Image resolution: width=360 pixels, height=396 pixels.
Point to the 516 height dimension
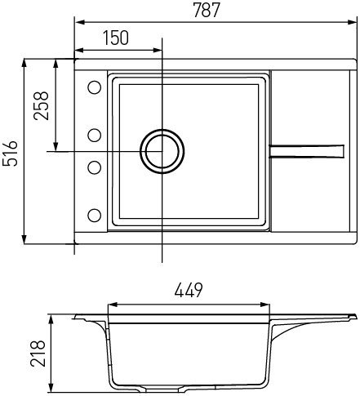11,152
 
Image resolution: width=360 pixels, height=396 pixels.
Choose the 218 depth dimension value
35,352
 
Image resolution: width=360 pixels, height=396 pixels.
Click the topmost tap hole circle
94,87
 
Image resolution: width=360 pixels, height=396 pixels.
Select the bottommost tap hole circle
94,216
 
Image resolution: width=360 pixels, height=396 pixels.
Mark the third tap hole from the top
94,167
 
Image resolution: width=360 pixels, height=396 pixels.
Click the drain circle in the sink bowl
161,152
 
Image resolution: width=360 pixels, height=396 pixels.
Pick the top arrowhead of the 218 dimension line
54,317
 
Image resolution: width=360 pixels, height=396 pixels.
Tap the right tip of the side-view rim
356,315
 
